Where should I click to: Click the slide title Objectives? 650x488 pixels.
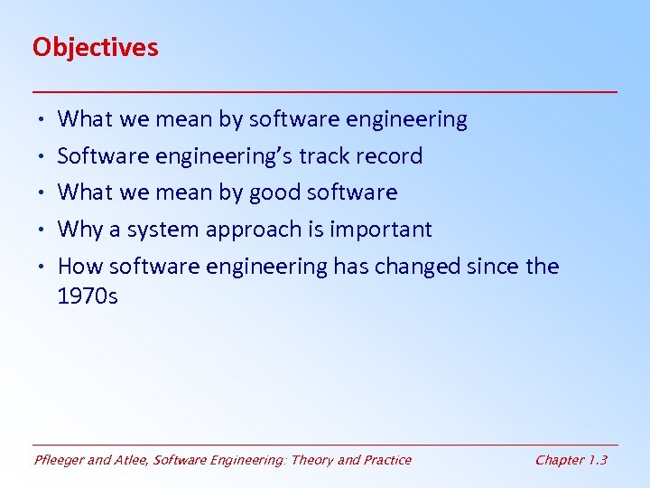tap(95, 47)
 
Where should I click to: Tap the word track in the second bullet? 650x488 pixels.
tap(322, 156)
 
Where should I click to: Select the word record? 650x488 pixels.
tap(387, 156)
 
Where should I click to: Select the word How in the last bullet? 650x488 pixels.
tap(79, 267)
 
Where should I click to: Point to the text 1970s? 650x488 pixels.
tap(87, 296)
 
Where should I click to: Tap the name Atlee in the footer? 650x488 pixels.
tap(131, 460)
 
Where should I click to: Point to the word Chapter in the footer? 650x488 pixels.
tap(559, 460)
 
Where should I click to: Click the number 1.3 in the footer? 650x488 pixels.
tap(597, 460)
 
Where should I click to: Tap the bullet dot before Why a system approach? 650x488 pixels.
tap(42, 230)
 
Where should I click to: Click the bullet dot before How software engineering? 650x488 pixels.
tap(42, 267)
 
